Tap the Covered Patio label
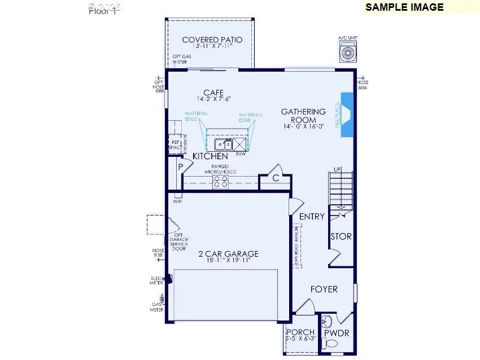tap(212, 40)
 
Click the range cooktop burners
tap(220, 181)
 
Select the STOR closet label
tap(341, 236)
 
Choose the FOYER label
tap(324, 289)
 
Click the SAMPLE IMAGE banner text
tap(404, 7)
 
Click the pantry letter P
tap(181, 167)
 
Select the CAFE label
tap(213, 93)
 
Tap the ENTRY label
tap(312, 217)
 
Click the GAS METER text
tap(156, 306)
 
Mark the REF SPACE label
tap(175, 146)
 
